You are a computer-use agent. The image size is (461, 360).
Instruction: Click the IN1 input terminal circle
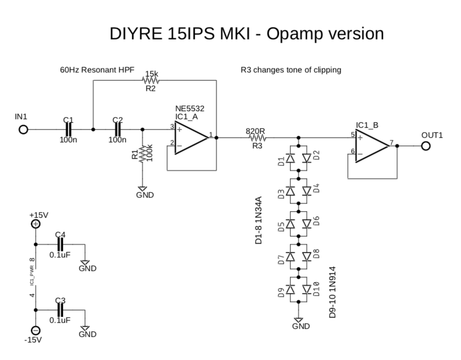click(23, 130)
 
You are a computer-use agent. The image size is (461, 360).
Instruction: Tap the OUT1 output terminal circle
click(426, 146)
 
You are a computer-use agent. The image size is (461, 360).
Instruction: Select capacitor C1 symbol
click(68, 130)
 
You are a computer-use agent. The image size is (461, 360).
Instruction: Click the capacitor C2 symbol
click(118, 130)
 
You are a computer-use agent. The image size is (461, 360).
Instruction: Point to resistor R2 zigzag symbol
click(151, 81)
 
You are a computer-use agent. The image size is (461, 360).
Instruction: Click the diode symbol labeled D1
click(290, 158)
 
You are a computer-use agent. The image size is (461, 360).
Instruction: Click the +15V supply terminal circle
click(36, 224)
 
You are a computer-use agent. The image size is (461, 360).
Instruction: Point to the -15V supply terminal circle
click(36, 330)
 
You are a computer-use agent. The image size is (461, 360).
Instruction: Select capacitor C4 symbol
click(60, 245)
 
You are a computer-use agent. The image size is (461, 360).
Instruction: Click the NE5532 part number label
click(190, 109)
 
